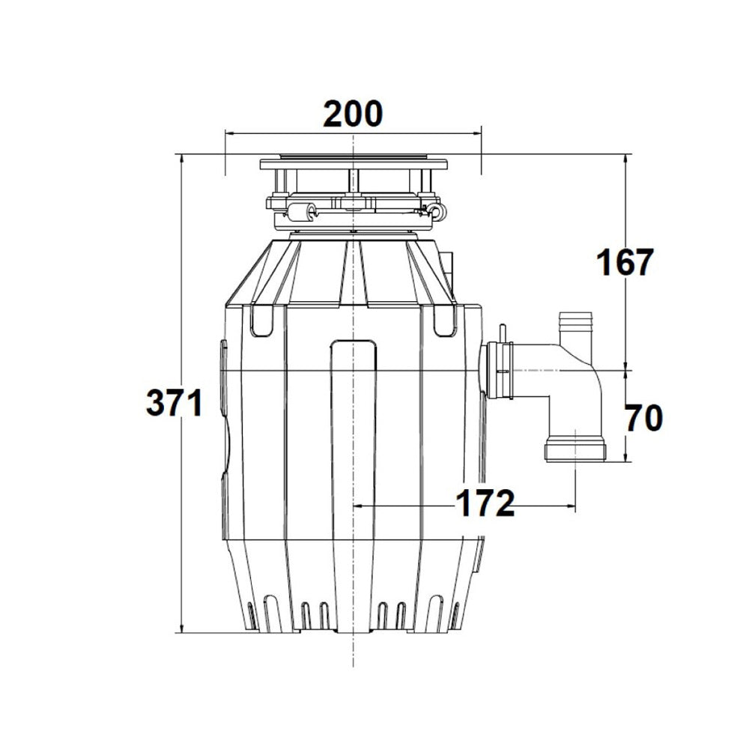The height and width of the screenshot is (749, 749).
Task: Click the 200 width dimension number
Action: click(353, 113)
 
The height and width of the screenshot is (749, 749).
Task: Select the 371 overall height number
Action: click(174, 404)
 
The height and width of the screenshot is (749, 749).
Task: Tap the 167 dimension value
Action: click(625, 263)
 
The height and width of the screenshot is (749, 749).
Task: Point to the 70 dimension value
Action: click(643, 419)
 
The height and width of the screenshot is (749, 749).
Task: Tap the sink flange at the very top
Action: click(353, 163)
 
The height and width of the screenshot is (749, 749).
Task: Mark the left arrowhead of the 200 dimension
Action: click(229, 135)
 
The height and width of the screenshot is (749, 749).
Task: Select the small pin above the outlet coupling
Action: click(502, 331)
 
